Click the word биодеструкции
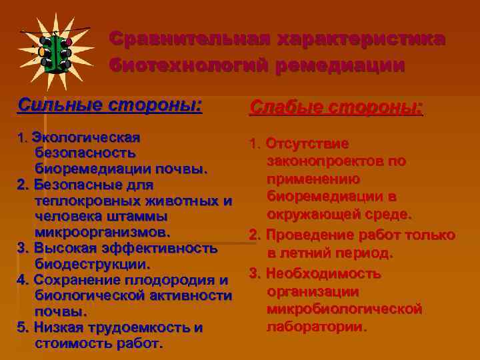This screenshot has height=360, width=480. pos(91,264)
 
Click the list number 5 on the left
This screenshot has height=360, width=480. pos(21,328)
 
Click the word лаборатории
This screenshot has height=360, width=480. pos(316,327)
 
